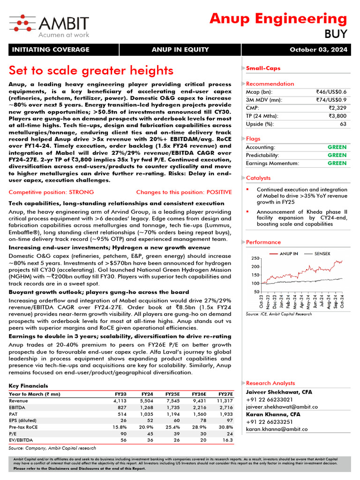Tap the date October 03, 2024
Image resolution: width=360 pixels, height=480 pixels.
(x=318, y=50)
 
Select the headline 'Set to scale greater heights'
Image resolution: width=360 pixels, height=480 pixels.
(x=91, y=70)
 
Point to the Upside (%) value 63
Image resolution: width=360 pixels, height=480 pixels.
(x=343, y=124)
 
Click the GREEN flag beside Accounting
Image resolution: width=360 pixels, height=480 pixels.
(x=337, y=147)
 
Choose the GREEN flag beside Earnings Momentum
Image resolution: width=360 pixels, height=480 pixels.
(x=337, y=163)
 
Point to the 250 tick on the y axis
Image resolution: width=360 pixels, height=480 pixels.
(x=255, y=258)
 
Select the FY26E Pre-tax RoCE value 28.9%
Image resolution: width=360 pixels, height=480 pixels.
(x=198, y=427)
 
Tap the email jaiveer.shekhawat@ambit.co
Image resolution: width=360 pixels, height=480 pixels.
(x=282, y=407)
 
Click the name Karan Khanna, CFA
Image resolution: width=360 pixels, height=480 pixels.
(x=272, y=414)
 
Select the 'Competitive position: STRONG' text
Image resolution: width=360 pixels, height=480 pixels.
(x=51, y=192)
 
